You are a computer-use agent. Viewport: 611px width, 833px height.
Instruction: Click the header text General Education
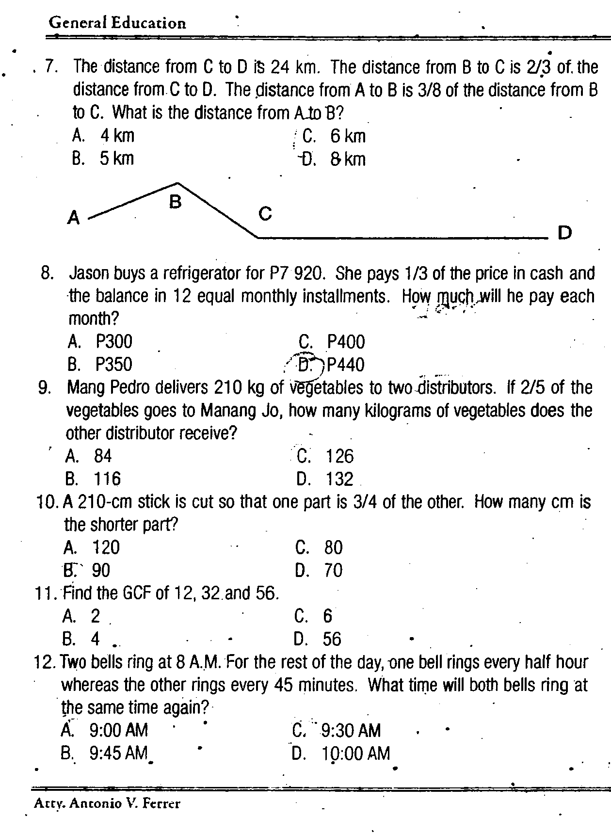[117, 23]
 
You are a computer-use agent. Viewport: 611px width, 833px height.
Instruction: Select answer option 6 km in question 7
[348, 136]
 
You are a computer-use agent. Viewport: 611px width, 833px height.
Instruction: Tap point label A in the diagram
[74, 218]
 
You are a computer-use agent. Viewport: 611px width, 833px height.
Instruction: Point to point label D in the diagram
[565, 233]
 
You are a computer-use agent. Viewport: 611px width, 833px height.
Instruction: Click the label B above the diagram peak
[176, 202]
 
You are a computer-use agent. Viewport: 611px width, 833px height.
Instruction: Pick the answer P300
[113, 342]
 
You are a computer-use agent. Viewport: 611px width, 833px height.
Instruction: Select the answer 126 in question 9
[339, 456]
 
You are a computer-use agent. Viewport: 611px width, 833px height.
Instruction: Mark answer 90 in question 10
[101, 570]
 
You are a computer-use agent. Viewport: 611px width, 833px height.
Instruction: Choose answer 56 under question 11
[332, 639]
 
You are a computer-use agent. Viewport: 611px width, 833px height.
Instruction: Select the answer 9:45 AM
[118, 753]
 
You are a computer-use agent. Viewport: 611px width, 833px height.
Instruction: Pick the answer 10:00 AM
[355, 753]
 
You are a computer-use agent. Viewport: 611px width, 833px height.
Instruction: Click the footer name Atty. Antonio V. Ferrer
[107, 803]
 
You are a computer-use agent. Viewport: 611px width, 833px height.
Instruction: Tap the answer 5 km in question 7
[116, 159]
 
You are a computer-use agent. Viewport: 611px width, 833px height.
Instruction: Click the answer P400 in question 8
[346, 342]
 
